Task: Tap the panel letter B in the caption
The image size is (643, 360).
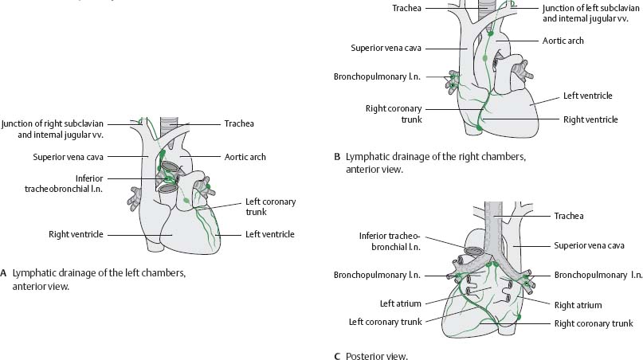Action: (x=338, y=156)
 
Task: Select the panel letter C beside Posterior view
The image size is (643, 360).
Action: (x=338, y=356)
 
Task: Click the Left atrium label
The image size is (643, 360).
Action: (x=402, y=303)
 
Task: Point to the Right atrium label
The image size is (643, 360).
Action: (x=578, y=305)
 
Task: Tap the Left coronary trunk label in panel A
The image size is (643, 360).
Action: (x=270, y=207)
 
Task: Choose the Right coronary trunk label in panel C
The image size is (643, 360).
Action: (x=594, y=323)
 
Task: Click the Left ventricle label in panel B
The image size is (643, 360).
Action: (x=587, y=96)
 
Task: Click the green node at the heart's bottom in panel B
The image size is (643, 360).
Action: (x=478, y=126)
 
